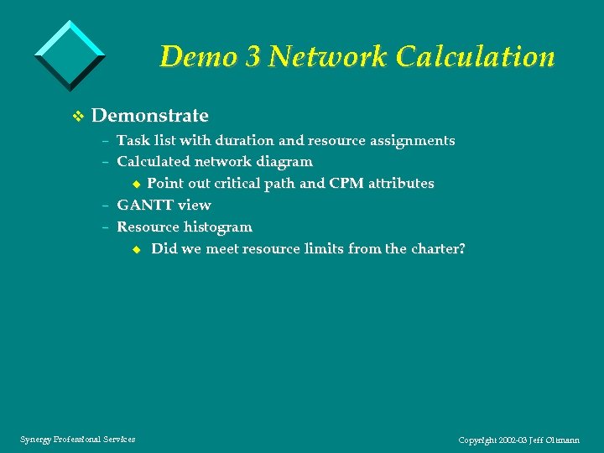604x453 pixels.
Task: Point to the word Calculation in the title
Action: [x=476, y=57]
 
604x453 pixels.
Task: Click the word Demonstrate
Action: [x=149, y=115]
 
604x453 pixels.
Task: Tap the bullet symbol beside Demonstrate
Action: [x=78, y=116]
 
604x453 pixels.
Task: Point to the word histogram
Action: [x=217, y=227]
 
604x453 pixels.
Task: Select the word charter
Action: [x=435, y=249]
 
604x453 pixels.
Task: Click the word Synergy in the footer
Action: [x=34, y=440]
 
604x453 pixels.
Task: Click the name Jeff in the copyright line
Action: [x=542, y=440]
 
